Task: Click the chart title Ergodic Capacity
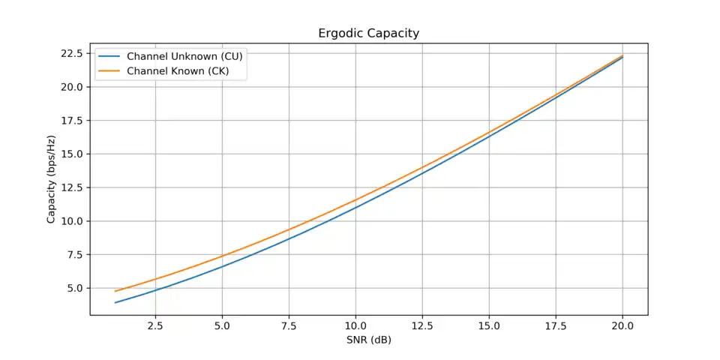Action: (x=369, y=34)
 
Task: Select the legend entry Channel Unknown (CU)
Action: (x=184, y=57)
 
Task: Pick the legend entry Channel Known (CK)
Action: (x=177, y=71)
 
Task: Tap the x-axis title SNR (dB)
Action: (x=369, y=340)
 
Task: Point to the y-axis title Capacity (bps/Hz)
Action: (x=52, y=178)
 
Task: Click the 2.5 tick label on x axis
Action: (x=155, y=326)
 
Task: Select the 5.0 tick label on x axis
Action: (x=222, y=326)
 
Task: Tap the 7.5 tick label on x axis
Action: (x=289, y=326)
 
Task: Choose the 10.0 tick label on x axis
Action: (x=355, y=326)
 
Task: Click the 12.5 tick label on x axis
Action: (x=422, y=326)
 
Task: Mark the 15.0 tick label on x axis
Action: (x=489, y=326)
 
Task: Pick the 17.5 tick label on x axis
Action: (x=556, y=326)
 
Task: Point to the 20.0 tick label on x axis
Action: (x=622, y=326)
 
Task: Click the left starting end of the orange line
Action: (x=115, y=291)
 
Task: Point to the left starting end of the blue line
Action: (x=115, y=302)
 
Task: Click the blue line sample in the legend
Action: (x=109, y=57)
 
